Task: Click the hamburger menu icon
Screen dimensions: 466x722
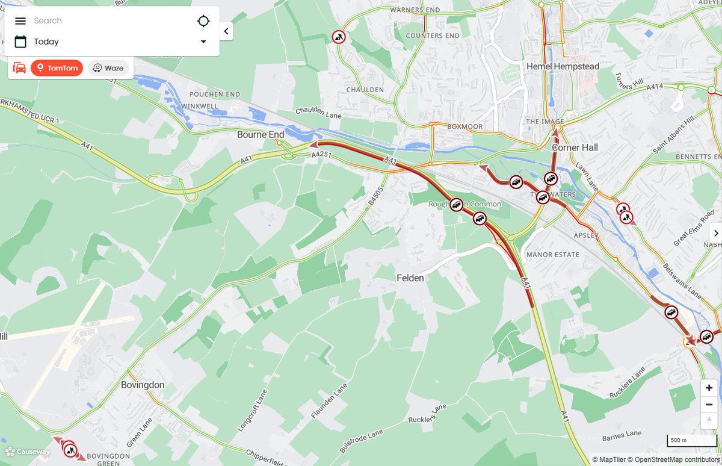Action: [x=20, y=21]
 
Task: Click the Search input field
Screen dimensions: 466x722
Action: [x=108, y=21]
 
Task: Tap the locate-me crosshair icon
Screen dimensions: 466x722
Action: [x=203, y=21]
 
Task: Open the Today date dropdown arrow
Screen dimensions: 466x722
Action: [x=203, y=42]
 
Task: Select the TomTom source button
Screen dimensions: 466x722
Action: [x=57, y=68]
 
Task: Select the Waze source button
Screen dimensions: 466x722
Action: [x=108, y=68]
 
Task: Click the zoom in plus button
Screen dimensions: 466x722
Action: [x=709, y=388]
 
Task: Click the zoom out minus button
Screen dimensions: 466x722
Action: [x=709, y=405]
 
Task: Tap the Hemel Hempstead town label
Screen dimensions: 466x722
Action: [x=563, y=66]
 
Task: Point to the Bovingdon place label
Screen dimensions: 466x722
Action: [x=143, y=385]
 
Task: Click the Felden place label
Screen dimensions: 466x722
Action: [x=410, y=278]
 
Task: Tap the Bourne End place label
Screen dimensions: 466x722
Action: [x=261, y=135]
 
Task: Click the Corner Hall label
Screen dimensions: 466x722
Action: [x=574, y=148]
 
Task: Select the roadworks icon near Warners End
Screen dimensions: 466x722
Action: [x=339, y=37]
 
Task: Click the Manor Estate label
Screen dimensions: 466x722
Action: [x=552, y=255]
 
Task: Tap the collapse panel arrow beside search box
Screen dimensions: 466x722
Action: [x=226, y=31]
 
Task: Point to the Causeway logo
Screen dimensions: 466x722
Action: [x=28, y=452]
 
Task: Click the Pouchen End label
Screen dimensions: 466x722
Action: [x=215, y=95]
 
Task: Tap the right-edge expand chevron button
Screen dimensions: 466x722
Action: [x=715, y=233]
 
